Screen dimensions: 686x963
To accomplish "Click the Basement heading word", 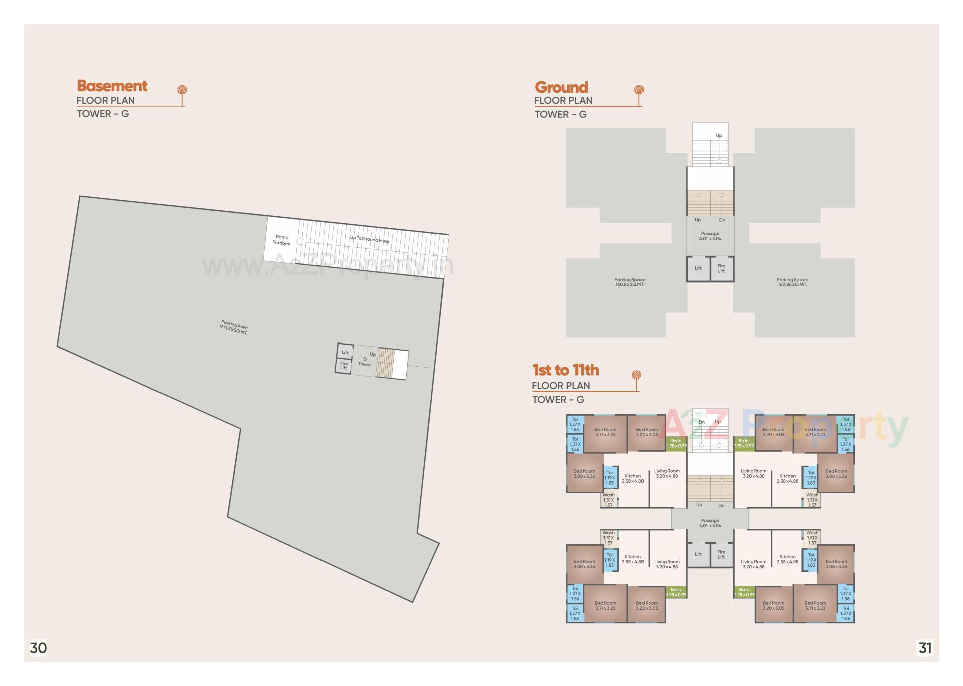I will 112,86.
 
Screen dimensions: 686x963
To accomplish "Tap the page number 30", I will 38,648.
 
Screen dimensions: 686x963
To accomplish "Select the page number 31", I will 925,648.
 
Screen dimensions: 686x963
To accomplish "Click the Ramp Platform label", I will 282,240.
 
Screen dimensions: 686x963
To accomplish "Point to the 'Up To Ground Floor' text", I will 370,239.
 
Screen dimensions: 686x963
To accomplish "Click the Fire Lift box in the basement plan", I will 344,366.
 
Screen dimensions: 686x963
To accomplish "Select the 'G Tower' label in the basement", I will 365,362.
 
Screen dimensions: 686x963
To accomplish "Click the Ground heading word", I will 561,87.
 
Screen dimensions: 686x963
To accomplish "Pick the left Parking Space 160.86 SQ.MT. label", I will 630,282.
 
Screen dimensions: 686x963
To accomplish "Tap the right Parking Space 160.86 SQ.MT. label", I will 792,282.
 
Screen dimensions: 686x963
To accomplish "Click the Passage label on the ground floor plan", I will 710,236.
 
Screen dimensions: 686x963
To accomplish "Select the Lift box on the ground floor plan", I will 698,268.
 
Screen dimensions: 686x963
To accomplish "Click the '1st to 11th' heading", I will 565,370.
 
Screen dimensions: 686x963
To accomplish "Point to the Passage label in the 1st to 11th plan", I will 710,523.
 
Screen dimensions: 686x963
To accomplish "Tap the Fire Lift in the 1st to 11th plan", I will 721,554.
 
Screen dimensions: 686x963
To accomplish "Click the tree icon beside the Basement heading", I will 182,91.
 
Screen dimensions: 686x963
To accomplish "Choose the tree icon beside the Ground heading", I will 639,91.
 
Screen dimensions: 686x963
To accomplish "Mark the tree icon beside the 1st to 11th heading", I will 636,376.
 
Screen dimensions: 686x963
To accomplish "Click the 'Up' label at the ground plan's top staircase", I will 719,136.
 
